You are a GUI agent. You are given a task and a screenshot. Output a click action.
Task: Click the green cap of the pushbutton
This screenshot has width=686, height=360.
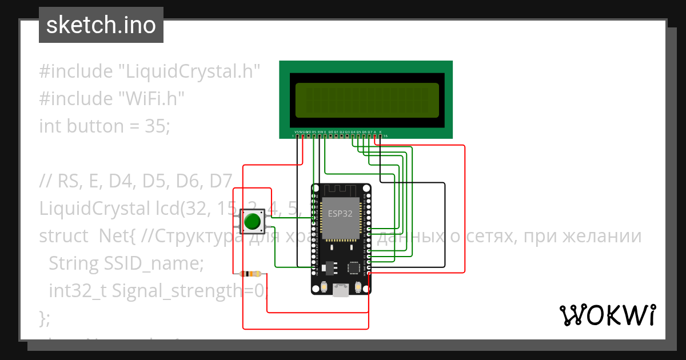click(x=252, y=221)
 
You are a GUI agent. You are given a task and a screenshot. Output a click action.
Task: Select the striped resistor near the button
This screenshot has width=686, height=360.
click(x=251, y=274)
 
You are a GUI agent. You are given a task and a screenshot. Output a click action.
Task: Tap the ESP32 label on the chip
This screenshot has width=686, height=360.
click(x=340, y=214)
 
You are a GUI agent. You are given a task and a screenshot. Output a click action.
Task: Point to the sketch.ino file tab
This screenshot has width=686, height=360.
click(x=101, y=25)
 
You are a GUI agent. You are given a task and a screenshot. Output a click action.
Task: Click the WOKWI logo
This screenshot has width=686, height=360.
click(x=607, y=315)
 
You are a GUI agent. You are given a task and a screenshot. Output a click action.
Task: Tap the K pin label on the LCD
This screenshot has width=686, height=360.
click(x=381, y=132)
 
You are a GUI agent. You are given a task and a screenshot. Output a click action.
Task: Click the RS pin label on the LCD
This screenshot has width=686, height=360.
click(x=314, y=132)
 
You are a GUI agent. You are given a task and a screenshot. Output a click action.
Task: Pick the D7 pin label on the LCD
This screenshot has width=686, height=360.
click(x=370, y=132)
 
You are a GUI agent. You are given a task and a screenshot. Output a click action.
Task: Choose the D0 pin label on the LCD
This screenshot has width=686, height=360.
click(x=330, y=132)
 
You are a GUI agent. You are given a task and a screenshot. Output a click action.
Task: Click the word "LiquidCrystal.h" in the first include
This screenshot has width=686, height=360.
click(x=189, y=71)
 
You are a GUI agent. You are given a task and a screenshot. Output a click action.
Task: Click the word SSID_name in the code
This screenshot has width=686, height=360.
click(x=153, y=263)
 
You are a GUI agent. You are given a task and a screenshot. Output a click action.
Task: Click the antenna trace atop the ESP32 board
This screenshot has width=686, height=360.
click(x=341, y=190)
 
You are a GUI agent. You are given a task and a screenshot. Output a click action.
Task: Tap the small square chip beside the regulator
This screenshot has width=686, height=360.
click(x=354, y=267)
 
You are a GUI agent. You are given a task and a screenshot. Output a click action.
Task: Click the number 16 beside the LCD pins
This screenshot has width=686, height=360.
click(x=385, y=137)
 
